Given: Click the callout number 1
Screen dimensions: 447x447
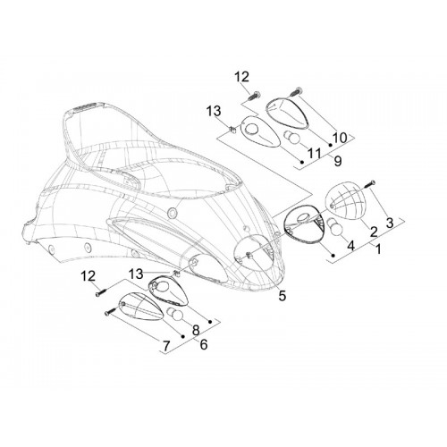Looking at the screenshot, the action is (378, 249).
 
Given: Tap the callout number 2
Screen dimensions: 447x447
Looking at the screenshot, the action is (374, 232).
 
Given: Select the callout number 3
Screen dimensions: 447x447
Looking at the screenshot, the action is (390, 223).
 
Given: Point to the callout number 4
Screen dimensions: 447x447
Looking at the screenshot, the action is (351, 246).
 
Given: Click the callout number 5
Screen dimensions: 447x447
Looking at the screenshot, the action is (282, 295).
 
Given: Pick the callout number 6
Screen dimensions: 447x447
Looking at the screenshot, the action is (203, 344).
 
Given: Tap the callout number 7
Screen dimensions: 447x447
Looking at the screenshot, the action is (166, 346).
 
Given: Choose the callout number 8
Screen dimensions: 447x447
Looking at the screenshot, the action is (196, 330).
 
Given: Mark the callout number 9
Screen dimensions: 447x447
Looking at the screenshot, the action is (337, 161).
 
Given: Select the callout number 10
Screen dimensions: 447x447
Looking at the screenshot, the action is (340, 138).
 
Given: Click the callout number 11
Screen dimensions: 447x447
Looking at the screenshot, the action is (315, 154).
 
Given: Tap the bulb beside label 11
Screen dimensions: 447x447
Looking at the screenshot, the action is (291, 138).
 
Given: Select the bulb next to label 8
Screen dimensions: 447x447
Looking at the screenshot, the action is (175, 315).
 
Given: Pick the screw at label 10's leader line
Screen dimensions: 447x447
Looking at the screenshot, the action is (296, 91).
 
